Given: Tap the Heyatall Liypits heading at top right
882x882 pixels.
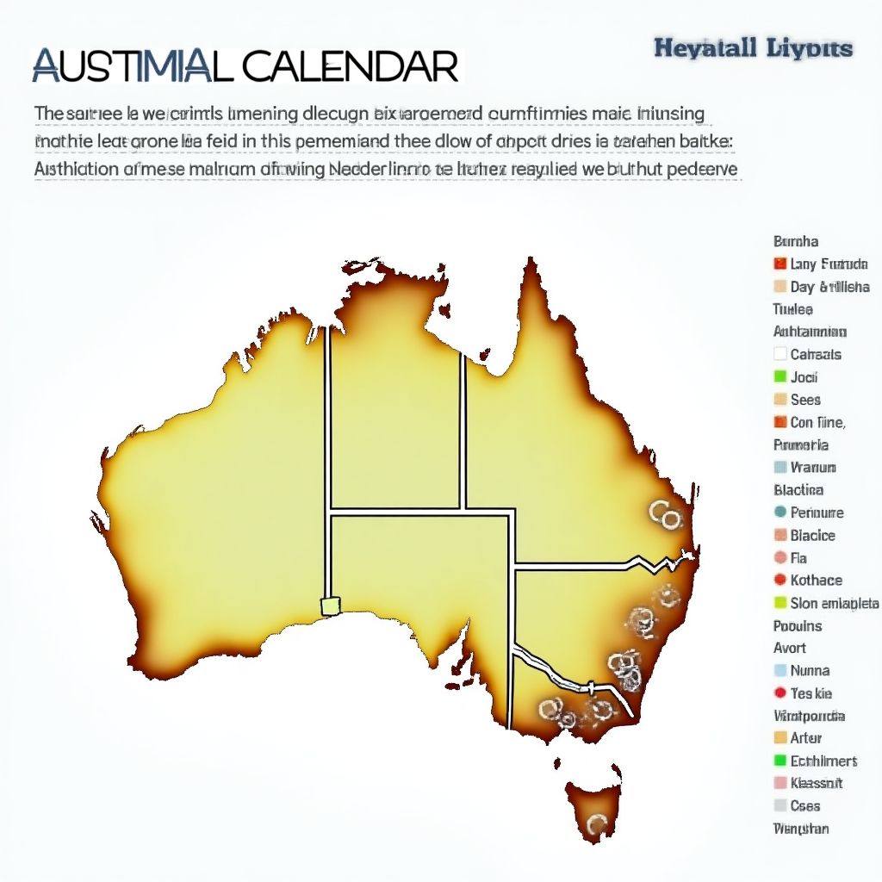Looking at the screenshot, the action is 753,48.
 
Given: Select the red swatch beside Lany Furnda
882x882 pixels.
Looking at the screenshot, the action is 780,264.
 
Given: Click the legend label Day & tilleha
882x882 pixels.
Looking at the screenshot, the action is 829,287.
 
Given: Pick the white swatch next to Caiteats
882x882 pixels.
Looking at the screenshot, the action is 780,354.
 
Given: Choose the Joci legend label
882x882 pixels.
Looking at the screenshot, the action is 804,376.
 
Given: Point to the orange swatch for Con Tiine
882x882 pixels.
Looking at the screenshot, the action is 780,422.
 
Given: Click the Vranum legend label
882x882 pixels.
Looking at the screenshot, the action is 812,467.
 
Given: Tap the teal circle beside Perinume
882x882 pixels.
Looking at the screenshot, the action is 780,512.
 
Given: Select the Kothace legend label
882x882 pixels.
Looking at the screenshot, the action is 816,580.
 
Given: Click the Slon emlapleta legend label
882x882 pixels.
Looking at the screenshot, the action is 834,603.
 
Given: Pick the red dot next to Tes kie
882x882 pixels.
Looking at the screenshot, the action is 780,693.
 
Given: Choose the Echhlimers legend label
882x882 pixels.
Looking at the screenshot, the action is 823,761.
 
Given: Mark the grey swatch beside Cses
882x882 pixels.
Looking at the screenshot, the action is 780,805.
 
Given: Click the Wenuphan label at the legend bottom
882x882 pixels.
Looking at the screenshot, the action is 801,829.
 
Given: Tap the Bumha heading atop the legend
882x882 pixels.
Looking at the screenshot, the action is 796,242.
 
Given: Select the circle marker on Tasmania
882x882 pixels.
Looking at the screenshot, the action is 593,825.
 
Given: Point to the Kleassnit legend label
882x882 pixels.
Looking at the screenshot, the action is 816,783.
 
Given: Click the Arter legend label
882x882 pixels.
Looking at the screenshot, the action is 805,737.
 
